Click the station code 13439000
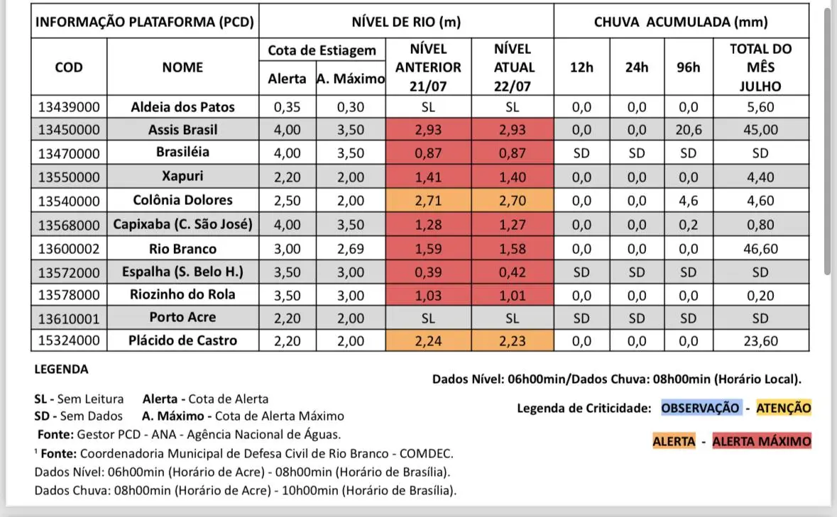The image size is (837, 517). click(69, 108)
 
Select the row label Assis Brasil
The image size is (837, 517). click(183, 130)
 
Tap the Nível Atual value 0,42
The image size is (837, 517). click(513, 272)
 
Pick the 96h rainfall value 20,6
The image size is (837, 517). click(688, 130)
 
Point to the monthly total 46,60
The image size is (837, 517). click(760, 249)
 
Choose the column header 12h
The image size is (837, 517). click(581, 68)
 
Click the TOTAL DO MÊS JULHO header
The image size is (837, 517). click(760, 68)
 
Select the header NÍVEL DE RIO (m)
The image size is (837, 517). click(406, 22)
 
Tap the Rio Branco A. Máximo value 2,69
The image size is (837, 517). click(350, 249)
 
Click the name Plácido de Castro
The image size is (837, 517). click(183, 340)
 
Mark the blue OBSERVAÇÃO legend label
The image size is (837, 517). click(701, 408)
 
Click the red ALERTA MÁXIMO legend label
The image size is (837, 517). click(761, 441)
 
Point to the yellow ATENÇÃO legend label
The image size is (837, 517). click(783, 408)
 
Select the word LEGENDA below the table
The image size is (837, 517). click(61, 369)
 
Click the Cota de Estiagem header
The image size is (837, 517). click(322, 51)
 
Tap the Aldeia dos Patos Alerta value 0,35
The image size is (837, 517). click(287, 108)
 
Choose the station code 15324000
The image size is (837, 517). click(69, 340)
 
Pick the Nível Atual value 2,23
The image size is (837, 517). click(513, 341)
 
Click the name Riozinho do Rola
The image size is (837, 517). click(183, 294)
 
